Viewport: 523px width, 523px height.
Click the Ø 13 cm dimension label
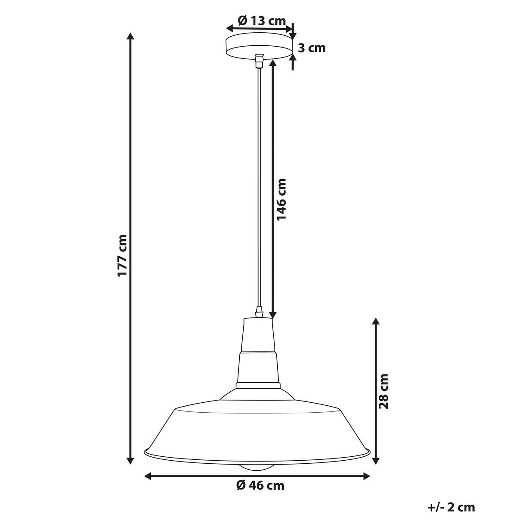point(261,20)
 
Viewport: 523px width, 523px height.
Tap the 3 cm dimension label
point(311,48)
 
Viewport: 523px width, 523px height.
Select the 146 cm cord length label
point(282,199)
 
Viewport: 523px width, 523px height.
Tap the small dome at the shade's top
point(258,395)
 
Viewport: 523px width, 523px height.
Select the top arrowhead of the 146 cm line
point(273,64)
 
